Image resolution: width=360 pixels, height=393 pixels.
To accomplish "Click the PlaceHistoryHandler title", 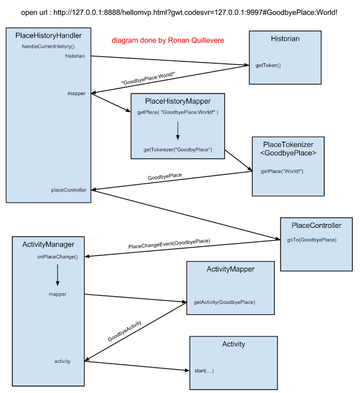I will coord(48,36).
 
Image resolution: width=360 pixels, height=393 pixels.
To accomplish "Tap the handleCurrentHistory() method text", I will coord(48,47).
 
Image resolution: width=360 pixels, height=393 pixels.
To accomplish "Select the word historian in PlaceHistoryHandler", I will coord(75,56).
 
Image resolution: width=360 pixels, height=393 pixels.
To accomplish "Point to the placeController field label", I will coord(69,190).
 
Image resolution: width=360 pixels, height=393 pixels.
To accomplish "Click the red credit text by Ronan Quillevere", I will coord(167,40).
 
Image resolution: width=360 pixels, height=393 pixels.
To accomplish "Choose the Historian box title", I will coord(285,39).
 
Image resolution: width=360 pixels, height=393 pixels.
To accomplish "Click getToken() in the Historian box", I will coord(268,65).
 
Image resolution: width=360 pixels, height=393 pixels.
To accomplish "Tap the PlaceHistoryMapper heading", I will coord(178,101).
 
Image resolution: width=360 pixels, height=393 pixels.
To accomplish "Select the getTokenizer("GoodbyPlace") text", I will coord(178,149).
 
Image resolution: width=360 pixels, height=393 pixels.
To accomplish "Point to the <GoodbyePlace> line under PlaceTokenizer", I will coord(288,153).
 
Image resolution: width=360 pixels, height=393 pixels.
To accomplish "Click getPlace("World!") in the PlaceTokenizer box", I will coord(282,171).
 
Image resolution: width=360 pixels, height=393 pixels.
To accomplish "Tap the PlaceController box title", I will coord(316,225).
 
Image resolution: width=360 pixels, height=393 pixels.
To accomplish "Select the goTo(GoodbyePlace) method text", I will coord(312,239).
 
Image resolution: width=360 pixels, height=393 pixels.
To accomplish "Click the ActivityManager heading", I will coord(48,244).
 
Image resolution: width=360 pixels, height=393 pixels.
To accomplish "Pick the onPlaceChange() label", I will coord(58,257).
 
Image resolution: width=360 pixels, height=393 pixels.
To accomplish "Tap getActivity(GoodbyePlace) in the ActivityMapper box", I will coord(224,302).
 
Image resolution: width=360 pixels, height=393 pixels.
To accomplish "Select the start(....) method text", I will coord(204,371).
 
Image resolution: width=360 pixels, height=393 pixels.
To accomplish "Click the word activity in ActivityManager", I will coord(62,361).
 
